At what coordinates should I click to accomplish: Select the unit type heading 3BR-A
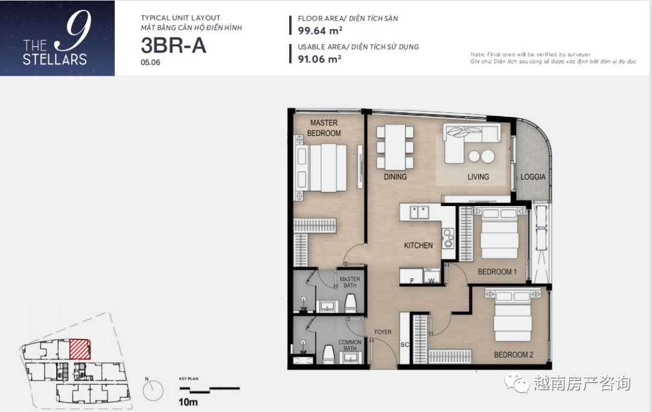click(x=173, y=45)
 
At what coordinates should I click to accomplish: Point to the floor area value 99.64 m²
click(x=320, y=31)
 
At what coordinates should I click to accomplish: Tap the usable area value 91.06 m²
click(x=319, y=59)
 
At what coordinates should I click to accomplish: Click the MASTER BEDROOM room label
click(x=324, y=127)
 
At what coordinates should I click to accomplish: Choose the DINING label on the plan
click(x=395, y=177)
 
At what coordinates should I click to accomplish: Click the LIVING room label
click(x=478, y=177)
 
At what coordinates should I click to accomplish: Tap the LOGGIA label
click(x=532, y=177)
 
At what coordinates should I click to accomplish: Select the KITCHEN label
click(x=418, y=245)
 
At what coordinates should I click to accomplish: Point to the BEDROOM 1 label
click(x=497, y=272)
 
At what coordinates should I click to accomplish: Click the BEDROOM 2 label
click(x=514, y=355)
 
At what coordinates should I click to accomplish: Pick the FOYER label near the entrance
click(x=383, y=332)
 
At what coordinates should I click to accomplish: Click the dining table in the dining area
click(x=395, y=147)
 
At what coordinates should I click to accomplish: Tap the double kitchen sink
click(x=419, y=212)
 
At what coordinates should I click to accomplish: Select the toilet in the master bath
click(x=351, y=303)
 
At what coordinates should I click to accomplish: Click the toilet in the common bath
click(x=329, y=354)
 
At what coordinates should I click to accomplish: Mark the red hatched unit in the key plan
click(x=80, y=349)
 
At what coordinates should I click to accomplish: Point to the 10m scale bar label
click(x=188, y=402)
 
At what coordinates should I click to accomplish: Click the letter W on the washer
click(x=431, y=281)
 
